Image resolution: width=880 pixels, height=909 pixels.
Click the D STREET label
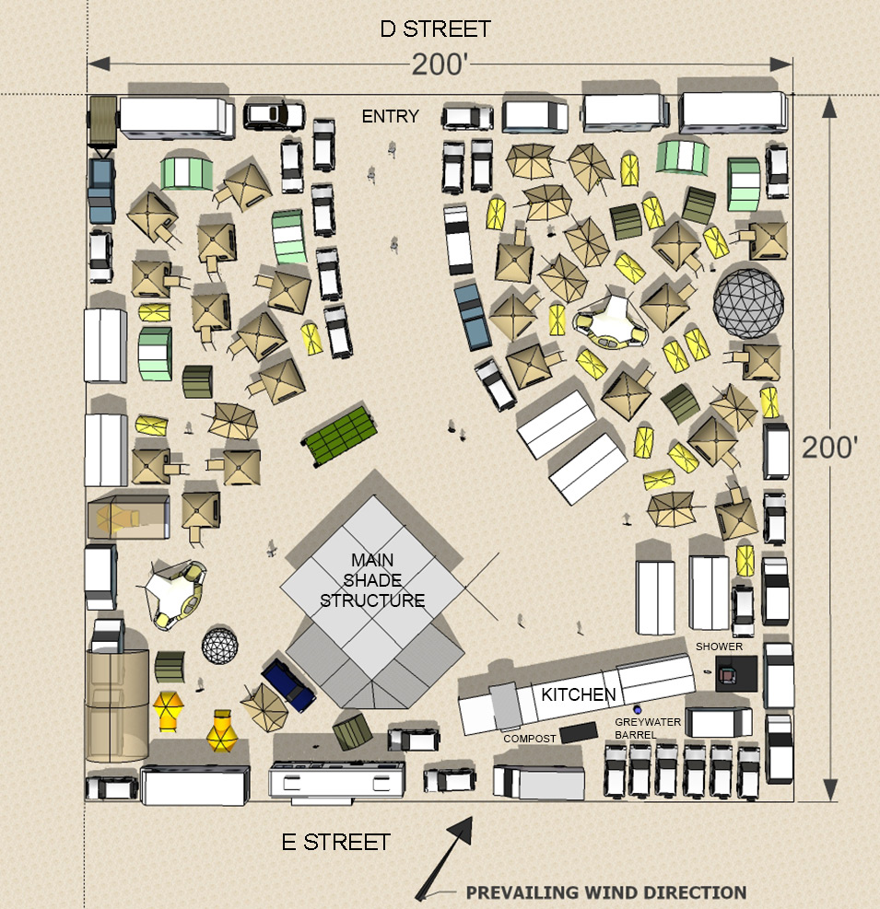pos(435,29)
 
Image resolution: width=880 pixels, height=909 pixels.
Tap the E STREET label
pos(335,843)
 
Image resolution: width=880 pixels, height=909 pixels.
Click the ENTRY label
pos(390,117)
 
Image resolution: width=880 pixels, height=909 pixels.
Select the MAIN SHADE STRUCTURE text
pos(372,580)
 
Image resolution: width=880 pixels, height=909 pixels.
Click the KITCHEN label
pos(579,694)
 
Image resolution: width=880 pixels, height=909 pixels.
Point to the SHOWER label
pos(719,647)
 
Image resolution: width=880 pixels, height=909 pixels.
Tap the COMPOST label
pos(530,739)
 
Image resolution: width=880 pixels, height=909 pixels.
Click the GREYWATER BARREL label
pos(648,728)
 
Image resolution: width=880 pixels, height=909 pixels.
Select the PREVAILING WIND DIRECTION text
pos(606,892)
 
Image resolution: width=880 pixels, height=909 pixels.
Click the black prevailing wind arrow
pos(444,858)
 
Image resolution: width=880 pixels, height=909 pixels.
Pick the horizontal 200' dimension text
pos(440,64)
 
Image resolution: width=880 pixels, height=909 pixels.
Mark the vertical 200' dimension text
pos(829,447)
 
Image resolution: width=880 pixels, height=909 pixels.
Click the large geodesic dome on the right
pos(748,303)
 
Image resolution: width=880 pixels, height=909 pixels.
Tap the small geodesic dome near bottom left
pos(220,646)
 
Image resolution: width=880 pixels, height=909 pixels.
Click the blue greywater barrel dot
pos(638,709)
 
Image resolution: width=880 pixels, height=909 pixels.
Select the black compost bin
pos(579,732)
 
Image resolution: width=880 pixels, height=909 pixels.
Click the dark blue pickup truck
pos(288,684)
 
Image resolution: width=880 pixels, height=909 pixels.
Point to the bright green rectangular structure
pos(340,436)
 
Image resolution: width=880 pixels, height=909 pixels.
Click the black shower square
pos(735,673)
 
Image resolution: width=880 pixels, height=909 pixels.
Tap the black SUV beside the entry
pos(274,115)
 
